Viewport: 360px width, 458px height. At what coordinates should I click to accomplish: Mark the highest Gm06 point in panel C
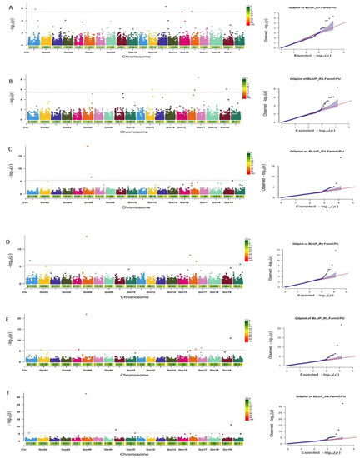pyautogui.click(x=88, y=147)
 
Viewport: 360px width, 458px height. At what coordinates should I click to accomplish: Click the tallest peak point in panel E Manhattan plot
pyautogui.click(x=88, y=314)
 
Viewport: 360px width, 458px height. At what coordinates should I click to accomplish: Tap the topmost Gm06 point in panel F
pyautogui.click(x=88, y=393)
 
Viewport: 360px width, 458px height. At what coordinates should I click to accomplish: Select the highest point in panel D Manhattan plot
pyautogui.click(x=88, y=236)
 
